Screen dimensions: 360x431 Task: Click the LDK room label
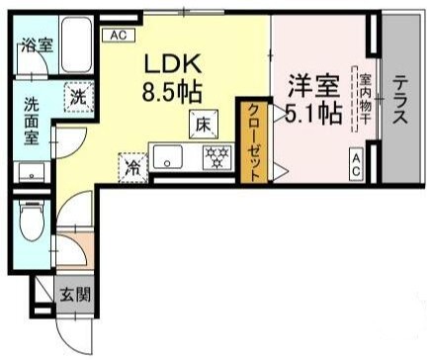[x=174, y=64]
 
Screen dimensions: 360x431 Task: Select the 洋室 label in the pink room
[x=307, y=85]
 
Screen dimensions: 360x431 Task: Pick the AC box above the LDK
[x=119, y=36]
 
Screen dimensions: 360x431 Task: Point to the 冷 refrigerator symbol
[x=130, y=166]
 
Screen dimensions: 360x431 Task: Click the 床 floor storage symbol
[x=200, y=125]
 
